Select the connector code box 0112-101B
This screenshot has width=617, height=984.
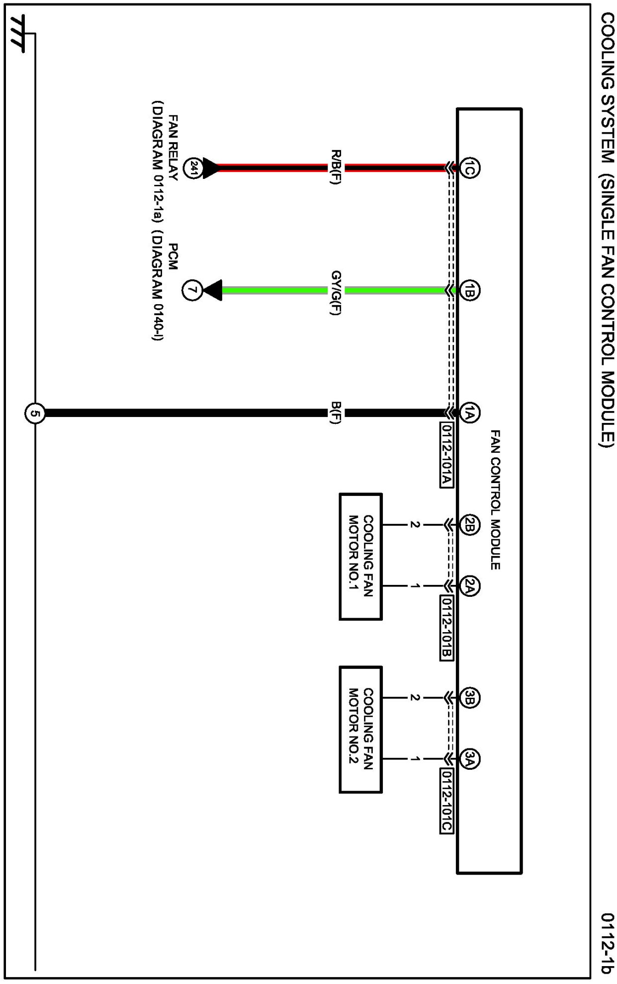(446, 628)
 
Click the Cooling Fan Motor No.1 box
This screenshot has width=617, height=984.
(360, 556)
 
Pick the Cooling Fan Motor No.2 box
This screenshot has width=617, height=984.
(360, 729)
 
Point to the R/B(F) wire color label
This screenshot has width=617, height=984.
(336, 167)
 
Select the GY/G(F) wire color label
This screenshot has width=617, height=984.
(336, 293)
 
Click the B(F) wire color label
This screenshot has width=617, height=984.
(336, 412)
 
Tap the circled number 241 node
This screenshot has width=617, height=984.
(193, 168)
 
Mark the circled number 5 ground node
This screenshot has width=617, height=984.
(35, 413)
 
